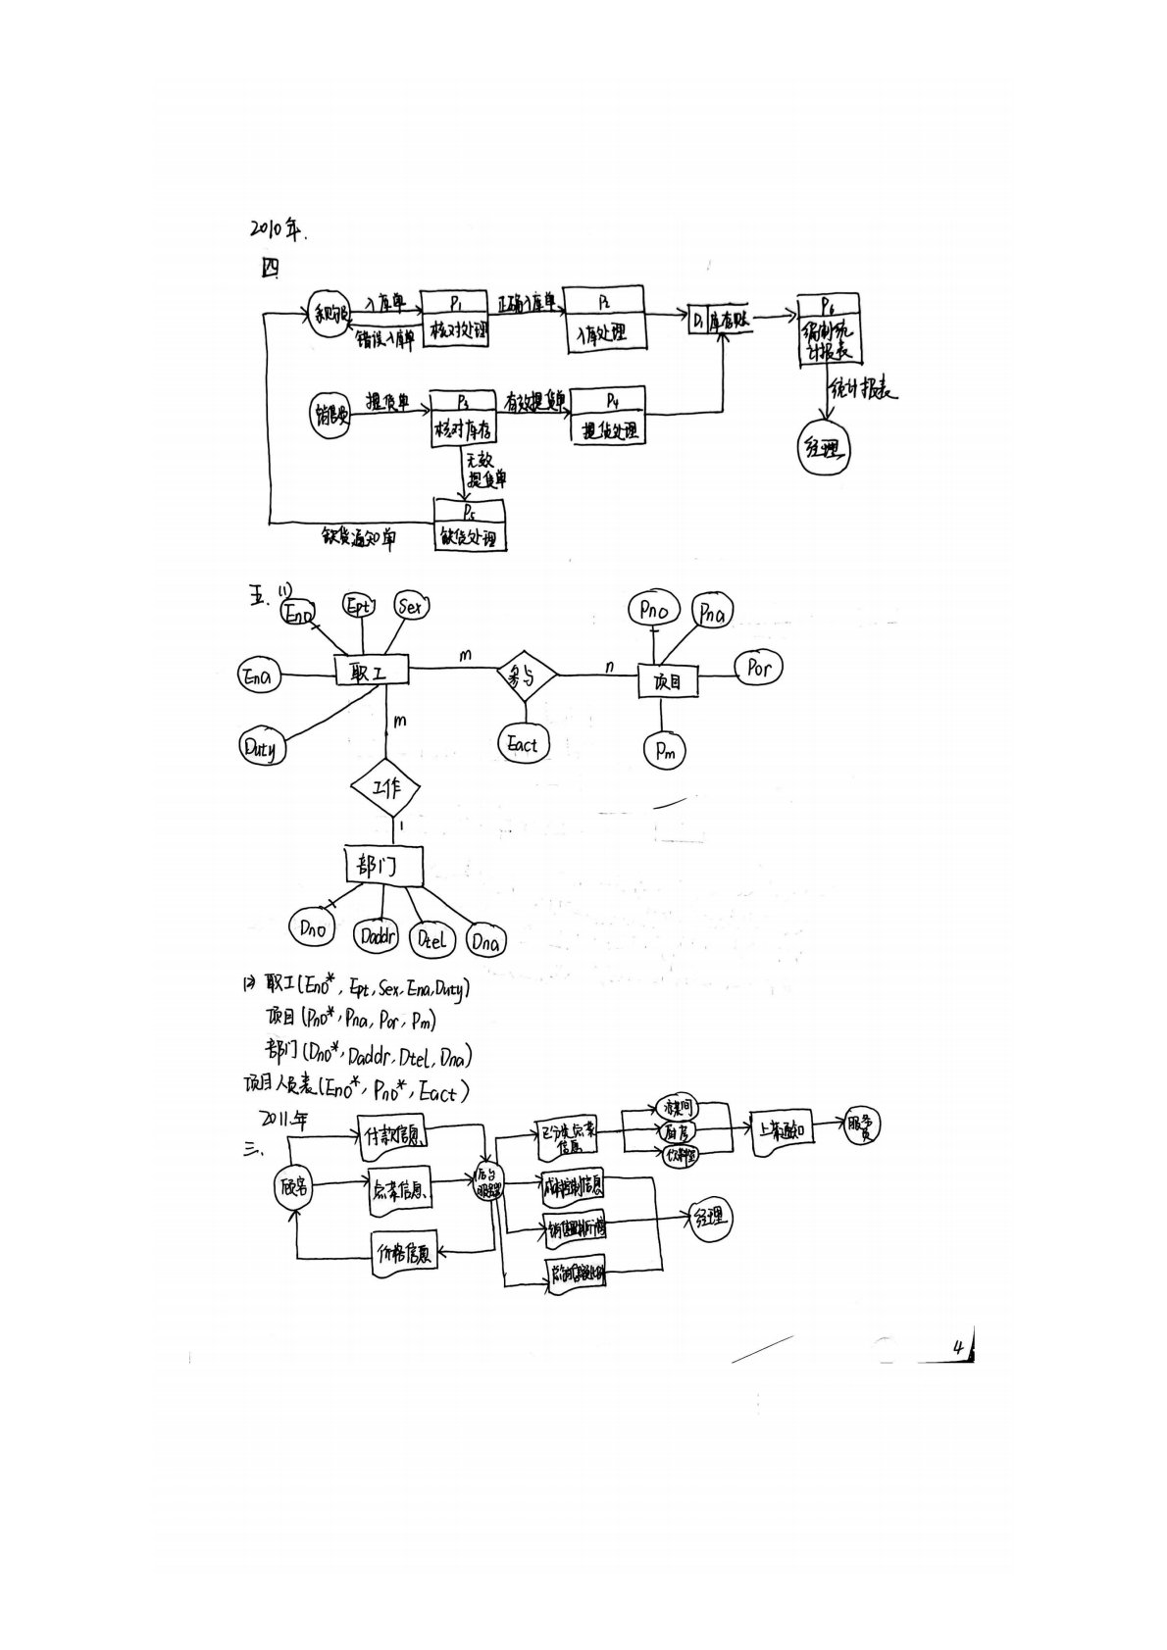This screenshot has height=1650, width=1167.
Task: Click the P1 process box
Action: pyautogui.click(x=455, y=320)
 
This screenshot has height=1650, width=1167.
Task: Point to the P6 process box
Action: pyautogui.click(x=829, y=329)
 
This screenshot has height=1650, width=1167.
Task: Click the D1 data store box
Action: pyautogui.click(x=721, y=319)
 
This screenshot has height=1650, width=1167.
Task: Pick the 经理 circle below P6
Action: pyautogui.click(x=823, y=450)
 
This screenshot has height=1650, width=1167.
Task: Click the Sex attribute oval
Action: pyautogui.click(x=412, y=608)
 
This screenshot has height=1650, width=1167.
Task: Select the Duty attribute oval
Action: pyautogui.click(x=260, y=749)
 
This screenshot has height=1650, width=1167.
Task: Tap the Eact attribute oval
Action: pyautogui.click(x=523, y=744)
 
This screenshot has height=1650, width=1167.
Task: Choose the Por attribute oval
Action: pyautogui.click(x=759, y=668)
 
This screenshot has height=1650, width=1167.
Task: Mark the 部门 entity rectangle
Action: pyautogui.click(x=385, y=865)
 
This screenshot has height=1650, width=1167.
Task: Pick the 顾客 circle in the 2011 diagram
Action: pyautogui.click(x=293, y=1186)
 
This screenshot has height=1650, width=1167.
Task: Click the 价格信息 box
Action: pyautogui.click(x=404, y=1254)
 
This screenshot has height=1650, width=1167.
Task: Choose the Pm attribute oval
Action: pyautogui.click(x=666, y=750)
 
